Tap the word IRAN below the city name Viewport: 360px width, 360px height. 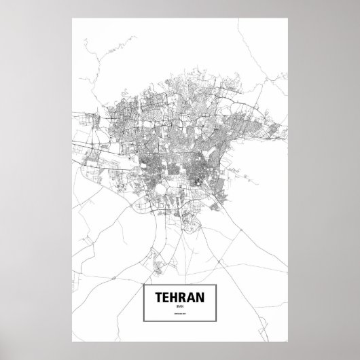(x=180, y=308)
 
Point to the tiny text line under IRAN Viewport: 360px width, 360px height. (x=180, y=314)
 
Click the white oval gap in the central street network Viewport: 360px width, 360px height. (x=161, y=188)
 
